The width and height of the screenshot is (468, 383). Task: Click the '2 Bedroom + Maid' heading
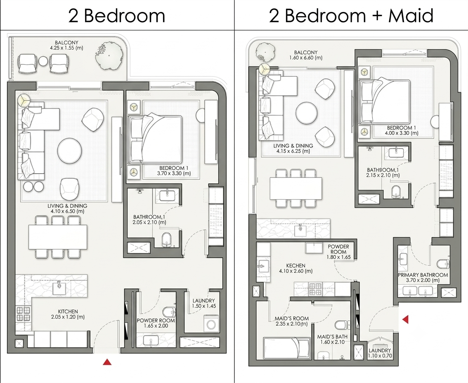[351, 16]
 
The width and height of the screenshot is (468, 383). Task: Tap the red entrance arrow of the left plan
[107, 362]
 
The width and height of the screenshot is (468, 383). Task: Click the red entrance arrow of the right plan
[405, 319]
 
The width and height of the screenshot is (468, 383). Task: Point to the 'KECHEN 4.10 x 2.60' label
[295, 268]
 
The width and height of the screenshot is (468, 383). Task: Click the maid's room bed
[287, 348]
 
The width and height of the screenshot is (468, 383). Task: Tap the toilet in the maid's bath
[340, 325]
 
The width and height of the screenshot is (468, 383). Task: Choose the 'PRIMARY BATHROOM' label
[423, 275]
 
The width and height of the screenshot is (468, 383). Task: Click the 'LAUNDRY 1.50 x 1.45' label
[204, 303]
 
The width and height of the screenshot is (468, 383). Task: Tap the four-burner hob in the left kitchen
[23, 314]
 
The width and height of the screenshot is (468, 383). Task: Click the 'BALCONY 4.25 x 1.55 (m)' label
[66, 45]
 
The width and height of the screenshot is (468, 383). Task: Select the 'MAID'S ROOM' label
[292, 319]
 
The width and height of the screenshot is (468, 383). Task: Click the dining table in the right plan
[296, 189]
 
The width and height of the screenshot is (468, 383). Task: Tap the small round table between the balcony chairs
[43, 61]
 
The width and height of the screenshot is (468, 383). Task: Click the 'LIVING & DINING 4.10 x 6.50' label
[67, 208]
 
